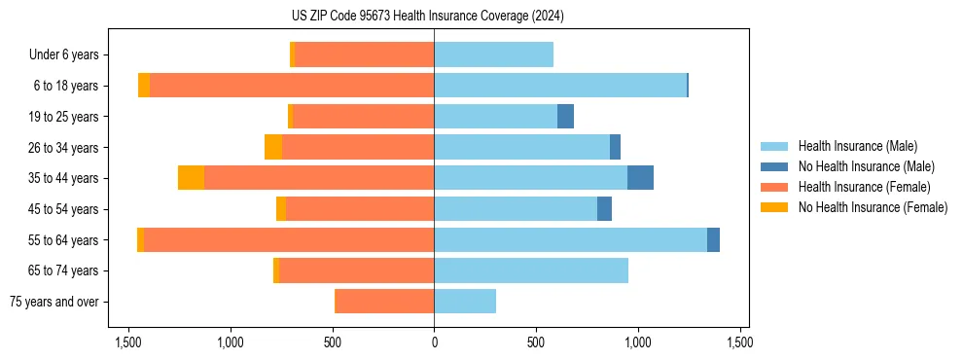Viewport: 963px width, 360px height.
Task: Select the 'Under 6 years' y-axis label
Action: pos(63,55)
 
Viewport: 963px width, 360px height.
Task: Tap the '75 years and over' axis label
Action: pos(54,302)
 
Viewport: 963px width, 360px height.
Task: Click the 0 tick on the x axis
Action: pos(434,342)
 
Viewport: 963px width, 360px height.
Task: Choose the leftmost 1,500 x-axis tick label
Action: pos(128,342)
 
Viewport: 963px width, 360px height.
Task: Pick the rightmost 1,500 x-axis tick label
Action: pos(739,342)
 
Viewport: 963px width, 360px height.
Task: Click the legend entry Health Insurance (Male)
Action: pos(857,146)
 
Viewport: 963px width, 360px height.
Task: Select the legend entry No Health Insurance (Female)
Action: pos(873,207)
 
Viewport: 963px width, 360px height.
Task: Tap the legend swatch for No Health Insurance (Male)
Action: pos(775,166)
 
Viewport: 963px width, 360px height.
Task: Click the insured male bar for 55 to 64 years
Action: pos(570,239)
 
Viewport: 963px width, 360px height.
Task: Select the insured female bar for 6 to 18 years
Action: pos(292,86)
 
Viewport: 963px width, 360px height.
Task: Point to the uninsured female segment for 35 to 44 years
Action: pos(191,178)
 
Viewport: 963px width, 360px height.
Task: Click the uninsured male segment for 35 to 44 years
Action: pos(640,178)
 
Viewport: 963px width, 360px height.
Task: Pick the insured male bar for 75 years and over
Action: pos(465,302)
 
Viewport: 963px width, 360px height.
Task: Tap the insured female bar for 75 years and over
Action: pos(384,302)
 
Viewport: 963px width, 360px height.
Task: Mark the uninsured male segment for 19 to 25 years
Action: pos(565,117)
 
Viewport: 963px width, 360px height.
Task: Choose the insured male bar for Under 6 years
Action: pos(493,55)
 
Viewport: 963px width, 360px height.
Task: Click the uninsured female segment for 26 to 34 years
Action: pos(273,147)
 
